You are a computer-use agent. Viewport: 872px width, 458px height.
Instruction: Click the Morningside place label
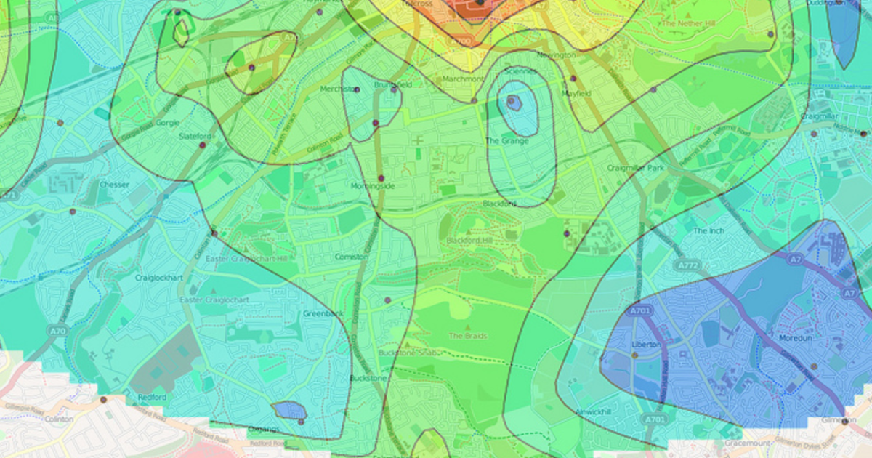click(374, 187)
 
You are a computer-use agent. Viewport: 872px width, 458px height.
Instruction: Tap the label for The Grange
click(507, 141)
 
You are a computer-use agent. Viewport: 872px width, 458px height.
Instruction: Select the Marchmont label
click(462, 79)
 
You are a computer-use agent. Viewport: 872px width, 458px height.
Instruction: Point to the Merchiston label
click(339, 89)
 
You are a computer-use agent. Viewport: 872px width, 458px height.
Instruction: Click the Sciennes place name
click(520, 71)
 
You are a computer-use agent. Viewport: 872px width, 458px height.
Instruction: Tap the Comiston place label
click(352, 257)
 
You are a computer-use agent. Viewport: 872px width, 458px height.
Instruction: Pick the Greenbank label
click(321, 314)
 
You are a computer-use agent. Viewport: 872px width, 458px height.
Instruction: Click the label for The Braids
click(467, 336)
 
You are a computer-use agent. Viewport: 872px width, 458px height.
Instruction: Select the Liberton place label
click(647, 344)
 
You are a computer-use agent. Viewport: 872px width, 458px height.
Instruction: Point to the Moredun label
click(794, 338)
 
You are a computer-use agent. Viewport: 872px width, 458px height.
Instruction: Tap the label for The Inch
click(709, 230)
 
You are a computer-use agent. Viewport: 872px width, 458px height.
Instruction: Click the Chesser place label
click(114, 185)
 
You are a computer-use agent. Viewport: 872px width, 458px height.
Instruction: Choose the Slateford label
click(194, 136)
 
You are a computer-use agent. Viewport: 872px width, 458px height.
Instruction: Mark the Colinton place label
click(59, 419)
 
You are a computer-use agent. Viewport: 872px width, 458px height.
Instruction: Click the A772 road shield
click(688, 268)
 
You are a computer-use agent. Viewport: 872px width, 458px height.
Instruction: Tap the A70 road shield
click(57, 331)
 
